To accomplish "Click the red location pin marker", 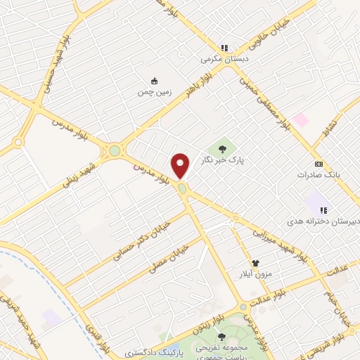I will [x=181, y=165].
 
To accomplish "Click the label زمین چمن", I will [x=154, y=92].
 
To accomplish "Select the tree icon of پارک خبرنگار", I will [x=223, y=148].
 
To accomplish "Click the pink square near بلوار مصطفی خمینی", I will [x=300, y=120].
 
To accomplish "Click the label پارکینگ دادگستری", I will [x=153, y=351].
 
